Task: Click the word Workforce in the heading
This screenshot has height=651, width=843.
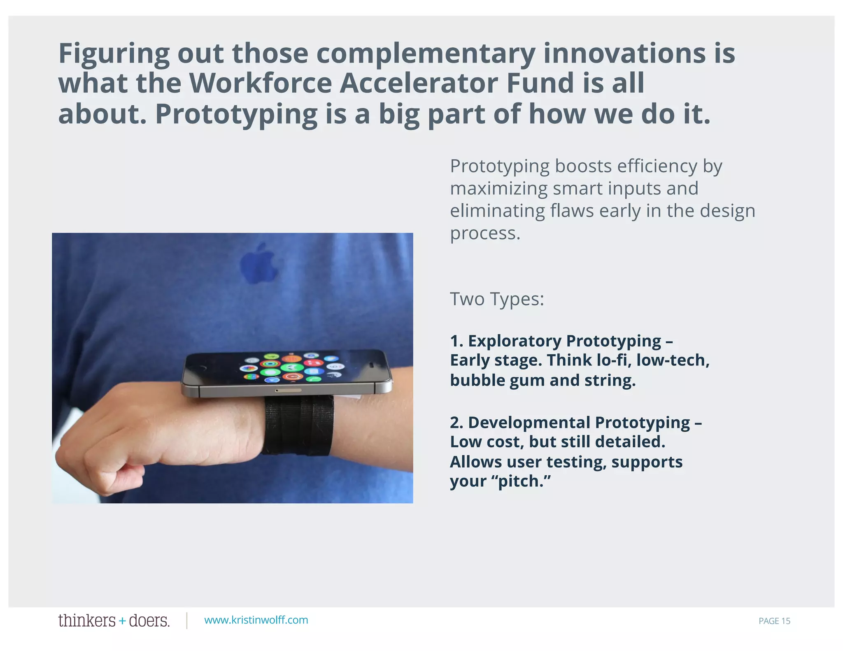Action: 261,84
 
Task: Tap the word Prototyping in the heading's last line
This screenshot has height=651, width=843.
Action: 236,114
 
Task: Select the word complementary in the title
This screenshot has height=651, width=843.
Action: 426,54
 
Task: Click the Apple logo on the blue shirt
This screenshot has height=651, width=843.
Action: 258,263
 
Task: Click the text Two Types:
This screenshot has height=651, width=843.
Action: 497,299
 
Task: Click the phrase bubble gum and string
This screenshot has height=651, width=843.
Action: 543,380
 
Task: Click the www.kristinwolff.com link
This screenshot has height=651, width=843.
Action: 256,620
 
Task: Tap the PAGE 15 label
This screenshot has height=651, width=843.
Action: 774,621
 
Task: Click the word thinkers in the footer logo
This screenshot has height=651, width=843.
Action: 87,621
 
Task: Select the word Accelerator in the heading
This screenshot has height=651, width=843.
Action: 419,84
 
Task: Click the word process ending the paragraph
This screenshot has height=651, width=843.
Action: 485,233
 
